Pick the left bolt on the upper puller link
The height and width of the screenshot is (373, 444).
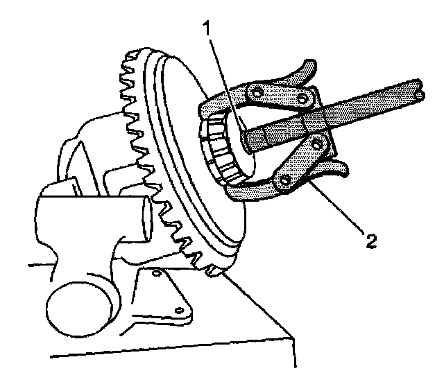click(x=257, y=92)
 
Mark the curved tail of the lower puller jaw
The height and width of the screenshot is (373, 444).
click(x=340, y=168)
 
